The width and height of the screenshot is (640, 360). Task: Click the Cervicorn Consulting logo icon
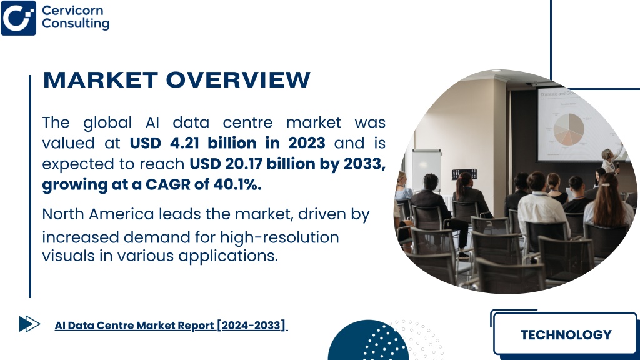[18, 18]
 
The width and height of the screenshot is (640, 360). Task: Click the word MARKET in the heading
[101, 79]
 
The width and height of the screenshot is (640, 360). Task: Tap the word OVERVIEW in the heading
[238, 79]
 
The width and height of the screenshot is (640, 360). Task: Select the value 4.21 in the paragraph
[184, 143]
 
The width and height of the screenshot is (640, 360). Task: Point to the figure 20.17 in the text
[244, 164]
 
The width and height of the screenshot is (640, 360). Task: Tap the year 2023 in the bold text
[306, 143]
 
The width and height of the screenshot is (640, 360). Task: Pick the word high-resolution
[279, 237]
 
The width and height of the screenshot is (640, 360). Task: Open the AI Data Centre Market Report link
[171, 325]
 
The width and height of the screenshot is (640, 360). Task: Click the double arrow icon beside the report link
[29, 324]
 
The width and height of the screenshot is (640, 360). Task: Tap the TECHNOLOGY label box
[565, 334]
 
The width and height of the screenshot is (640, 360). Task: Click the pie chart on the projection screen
[569, 129]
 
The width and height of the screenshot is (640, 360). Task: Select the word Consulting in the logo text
[76, 24]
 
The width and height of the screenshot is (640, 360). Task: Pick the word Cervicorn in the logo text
[72, 10]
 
